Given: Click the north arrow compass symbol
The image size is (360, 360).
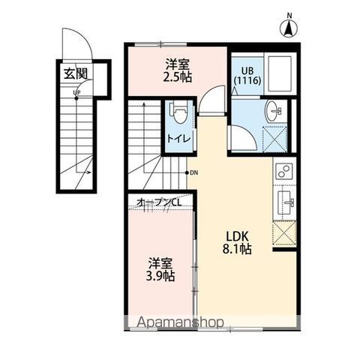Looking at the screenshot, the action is coord(289,28).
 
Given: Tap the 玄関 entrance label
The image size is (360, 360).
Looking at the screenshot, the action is coord(76,73).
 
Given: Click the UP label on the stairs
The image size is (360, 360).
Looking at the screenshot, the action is coord(76,93).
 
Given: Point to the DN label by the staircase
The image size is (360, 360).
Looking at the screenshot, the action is coord(194,172).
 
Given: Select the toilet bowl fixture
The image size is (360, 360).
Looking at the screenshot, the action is coord(178,112).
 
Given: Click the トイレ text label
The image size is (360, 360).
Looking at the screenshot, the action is coord(178,139).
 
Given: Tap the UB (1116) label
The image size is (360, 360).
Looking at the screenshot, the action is coord(247,76).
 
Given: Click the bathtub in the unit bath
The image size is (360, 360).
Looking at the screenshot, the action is coord(280,73).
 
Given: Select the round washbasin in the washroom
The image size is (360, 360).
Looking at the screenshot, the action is coord(274,111).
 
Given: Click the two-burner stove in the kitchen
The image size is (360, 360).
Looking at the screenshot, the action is coord(284,171).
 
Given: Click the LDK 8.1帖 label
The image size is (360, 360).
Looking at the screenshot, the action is coord(237,243).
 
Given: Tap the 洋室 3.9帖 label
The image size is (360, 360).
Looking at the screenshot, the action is coord(160,269).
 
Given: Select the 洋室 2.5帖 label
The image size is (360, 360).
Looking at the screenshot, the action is coord(178,70).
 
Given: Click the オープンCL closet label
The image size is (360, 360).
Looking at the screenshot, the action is coord(159,202).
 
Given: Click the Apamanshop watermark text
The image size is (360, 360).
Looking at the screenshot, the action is coord(180,322).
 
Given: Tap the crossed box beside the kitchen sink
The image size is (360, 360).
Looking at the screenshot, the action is coord(284,233).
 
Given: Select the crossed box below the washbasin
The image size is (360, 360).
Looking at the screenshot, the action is coord(274,139).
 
